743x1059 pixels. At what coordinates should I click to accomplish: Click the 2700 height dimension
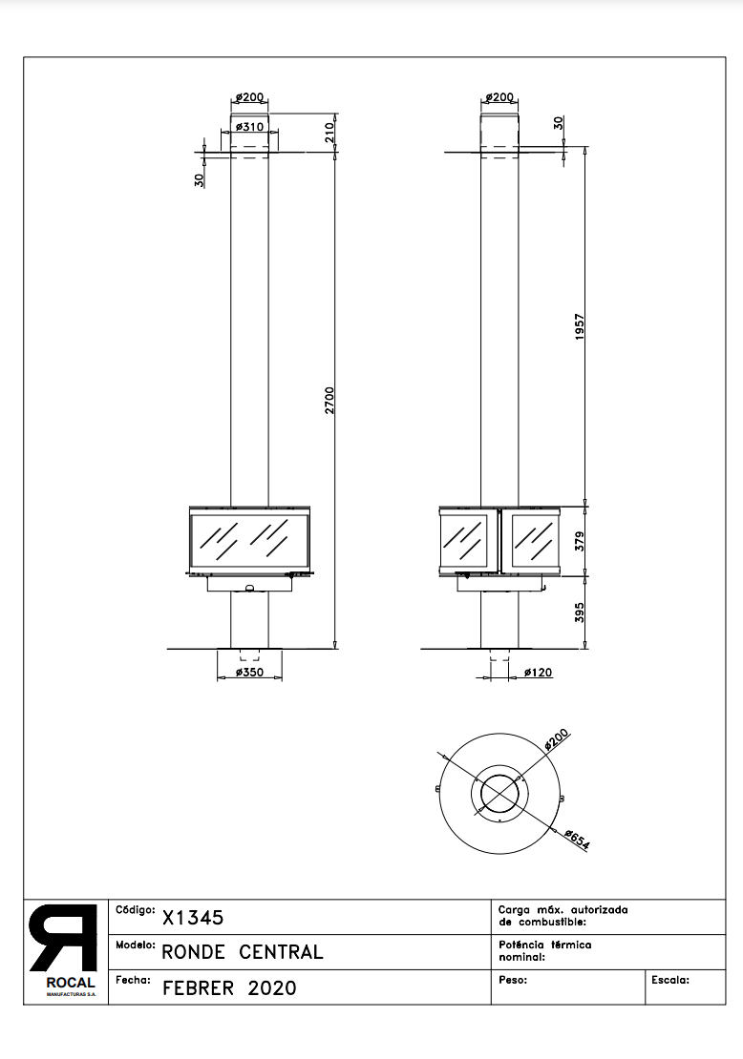(329, 400)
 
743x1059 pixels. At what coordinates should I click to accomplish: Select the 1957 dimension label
(580, 326)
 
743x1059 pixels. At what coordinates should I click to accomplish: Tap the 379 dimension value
(580, 541)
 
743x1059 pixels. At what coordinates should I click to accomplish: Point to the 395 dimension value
(580, 613)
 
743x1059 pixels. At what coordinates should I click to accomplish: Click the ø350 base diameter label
(249, 672)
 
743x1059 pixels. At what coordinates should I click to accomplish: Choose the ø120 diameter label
(539, 672)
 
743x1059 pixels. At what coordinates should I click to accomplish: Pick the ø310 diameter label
(249, 127)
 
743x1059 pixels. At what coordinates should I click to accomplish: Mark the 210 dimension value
(329, 132)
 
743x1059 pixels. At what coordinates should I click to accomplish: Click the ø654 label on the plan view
(577, 840)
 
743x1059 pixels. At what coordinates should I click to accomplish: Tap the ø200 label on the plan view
(557, 739)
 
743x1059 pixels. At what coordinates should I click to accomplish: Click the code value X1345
(193, 917)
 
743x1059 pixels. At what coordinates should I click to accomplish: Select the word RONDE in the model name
(193, 952)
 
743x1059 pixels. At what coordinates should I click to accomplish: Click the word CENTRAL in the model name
(281, 952)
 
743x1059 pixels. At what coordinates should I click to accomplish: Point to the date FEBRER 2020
(229, 988)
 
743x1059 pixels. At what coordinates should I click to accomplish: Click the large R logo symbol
(63, 938)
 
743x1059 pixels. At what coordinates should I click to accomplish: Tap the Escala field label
(670, 980)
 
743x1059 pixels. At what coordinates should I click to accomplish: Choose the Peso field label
(513, 980)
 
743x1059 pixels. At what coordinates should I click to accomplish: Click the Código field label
(136, 910)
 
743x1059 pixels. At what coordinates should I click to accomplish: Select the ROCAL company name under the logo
(71, 983)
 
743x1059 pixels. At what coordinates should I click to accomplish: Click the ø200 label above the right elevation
(499, 97)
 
